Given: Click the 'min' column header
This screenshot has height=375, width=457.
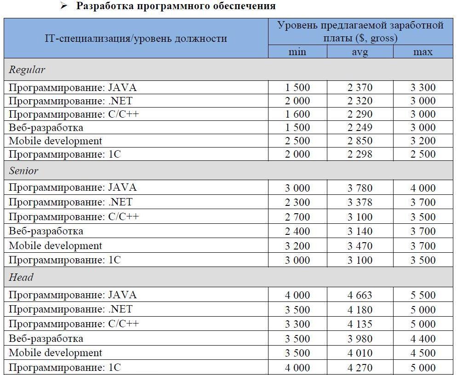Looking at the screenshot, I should (x=297, y=52).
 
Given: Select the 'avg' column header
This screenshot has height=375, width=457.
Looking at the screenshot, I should (x=360, y=52).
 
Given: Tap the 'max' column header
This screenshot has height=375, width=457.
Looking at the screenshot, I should (x=423, y=52).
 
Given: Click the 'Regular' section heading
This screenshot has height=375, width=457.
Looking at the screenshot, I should (x=27, y=70).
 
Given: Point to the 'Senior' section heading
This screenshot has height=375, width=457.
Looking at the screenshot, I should (x=24, y=170).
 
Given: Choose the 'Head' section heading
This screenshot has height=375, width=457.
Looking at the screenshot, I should (x=21, y=277).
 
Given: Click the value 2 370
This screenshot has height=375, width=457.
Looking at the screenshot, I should (x=360, y=87).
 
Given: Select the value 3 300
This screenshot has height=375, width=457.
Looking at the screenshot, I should (x=423, y=87).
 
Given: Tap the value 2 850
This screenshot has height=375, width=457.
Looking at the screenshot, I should (x=360, y=141).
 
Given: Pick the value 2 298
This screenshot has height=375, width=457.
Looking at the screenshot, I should (x=360, y=154).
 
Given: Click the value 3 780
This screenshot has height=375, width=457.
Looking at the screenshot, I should (x=360, y=188).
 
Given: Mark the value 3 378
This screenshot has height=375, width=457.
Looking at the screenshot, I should (x=360, y=202).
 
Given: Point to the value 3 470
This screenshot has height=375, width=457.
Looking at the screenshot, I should (x=360, y=246).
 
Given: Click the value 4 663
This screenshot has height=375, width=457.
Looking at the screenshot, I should (x=360, y=295).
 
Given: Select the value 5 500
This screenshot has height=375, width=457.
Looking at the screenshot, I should (x=423, y=295).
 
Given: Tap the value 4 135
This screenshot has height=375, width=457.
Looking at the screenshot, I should (x=360, y=324).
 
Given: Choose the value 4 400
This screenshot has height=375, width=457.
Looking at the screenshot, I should (x=423, y=339).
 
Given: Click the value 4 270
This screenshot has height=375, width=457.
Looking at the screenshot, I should (x=360, y=368).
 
